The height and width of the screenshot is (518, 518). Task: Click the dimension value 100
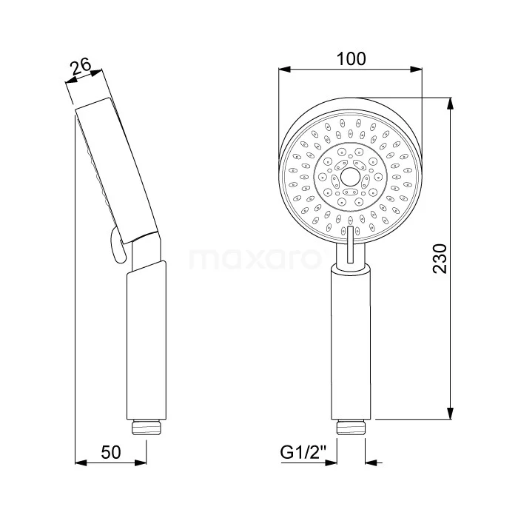tap(350, 58)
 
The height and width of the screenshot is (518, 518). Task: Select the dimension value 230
tap(440, 258)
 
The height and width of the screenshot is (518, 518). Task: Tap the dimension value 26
tap(81, 68)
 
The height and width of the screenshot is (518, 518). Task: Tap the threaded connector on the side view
tap(147, 427)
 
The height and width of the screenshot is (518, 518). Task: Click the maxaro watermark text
tap(258, 259)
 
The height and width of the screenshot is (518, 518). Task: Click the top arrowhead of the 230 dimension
tap(451, 101)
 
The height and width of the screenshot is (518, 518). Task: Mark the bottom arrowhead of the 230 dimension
tap(451, 416)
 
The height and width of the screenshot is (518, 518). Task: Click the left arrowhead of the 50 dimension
tap(81, 464)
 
